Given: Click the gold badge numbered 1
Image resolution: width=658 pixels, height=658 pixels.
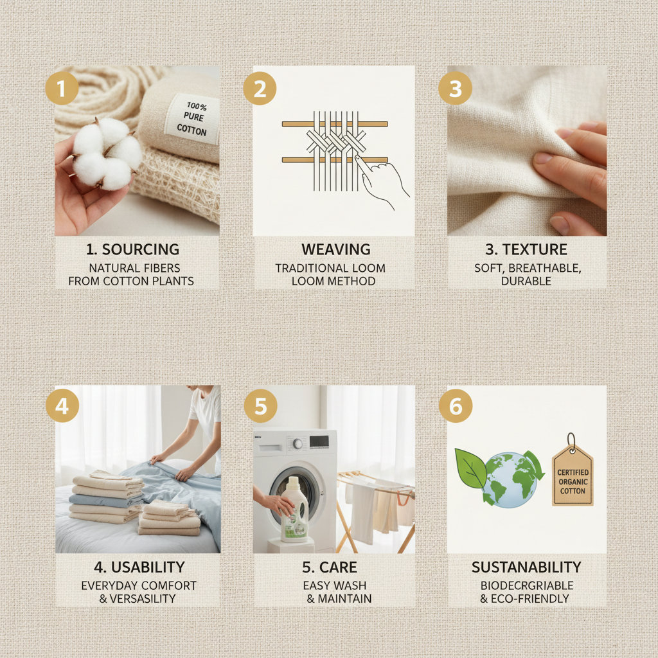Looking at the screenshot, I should click(62, 89).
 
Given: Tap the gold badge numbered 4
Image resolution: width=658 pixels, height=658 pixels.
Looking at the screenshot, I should click(62, 407).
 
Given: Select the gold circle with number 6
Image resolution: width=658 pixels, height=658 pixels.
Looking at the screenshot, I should click(455, 407).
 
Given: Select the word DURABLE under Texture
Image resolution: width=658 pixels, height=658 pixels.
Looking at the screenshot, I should click(527, 281).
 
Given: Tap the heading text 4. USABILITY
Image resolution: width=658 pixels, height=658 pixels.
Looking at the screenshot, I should click(139, 567).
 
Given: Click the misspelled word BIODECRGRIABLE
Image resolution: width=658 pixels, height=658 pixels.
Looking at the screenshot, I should click(527, 585).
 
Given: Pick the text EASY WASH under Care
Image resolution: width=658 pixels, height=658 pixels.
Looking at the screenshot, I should click(334, 585).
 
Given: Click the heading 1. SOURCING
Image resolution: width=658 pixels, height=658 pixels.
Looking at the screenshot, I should click(132, 249).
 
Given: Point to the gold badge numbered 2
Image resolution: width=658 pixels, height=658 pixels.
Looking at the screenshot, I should click(260, 89).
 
